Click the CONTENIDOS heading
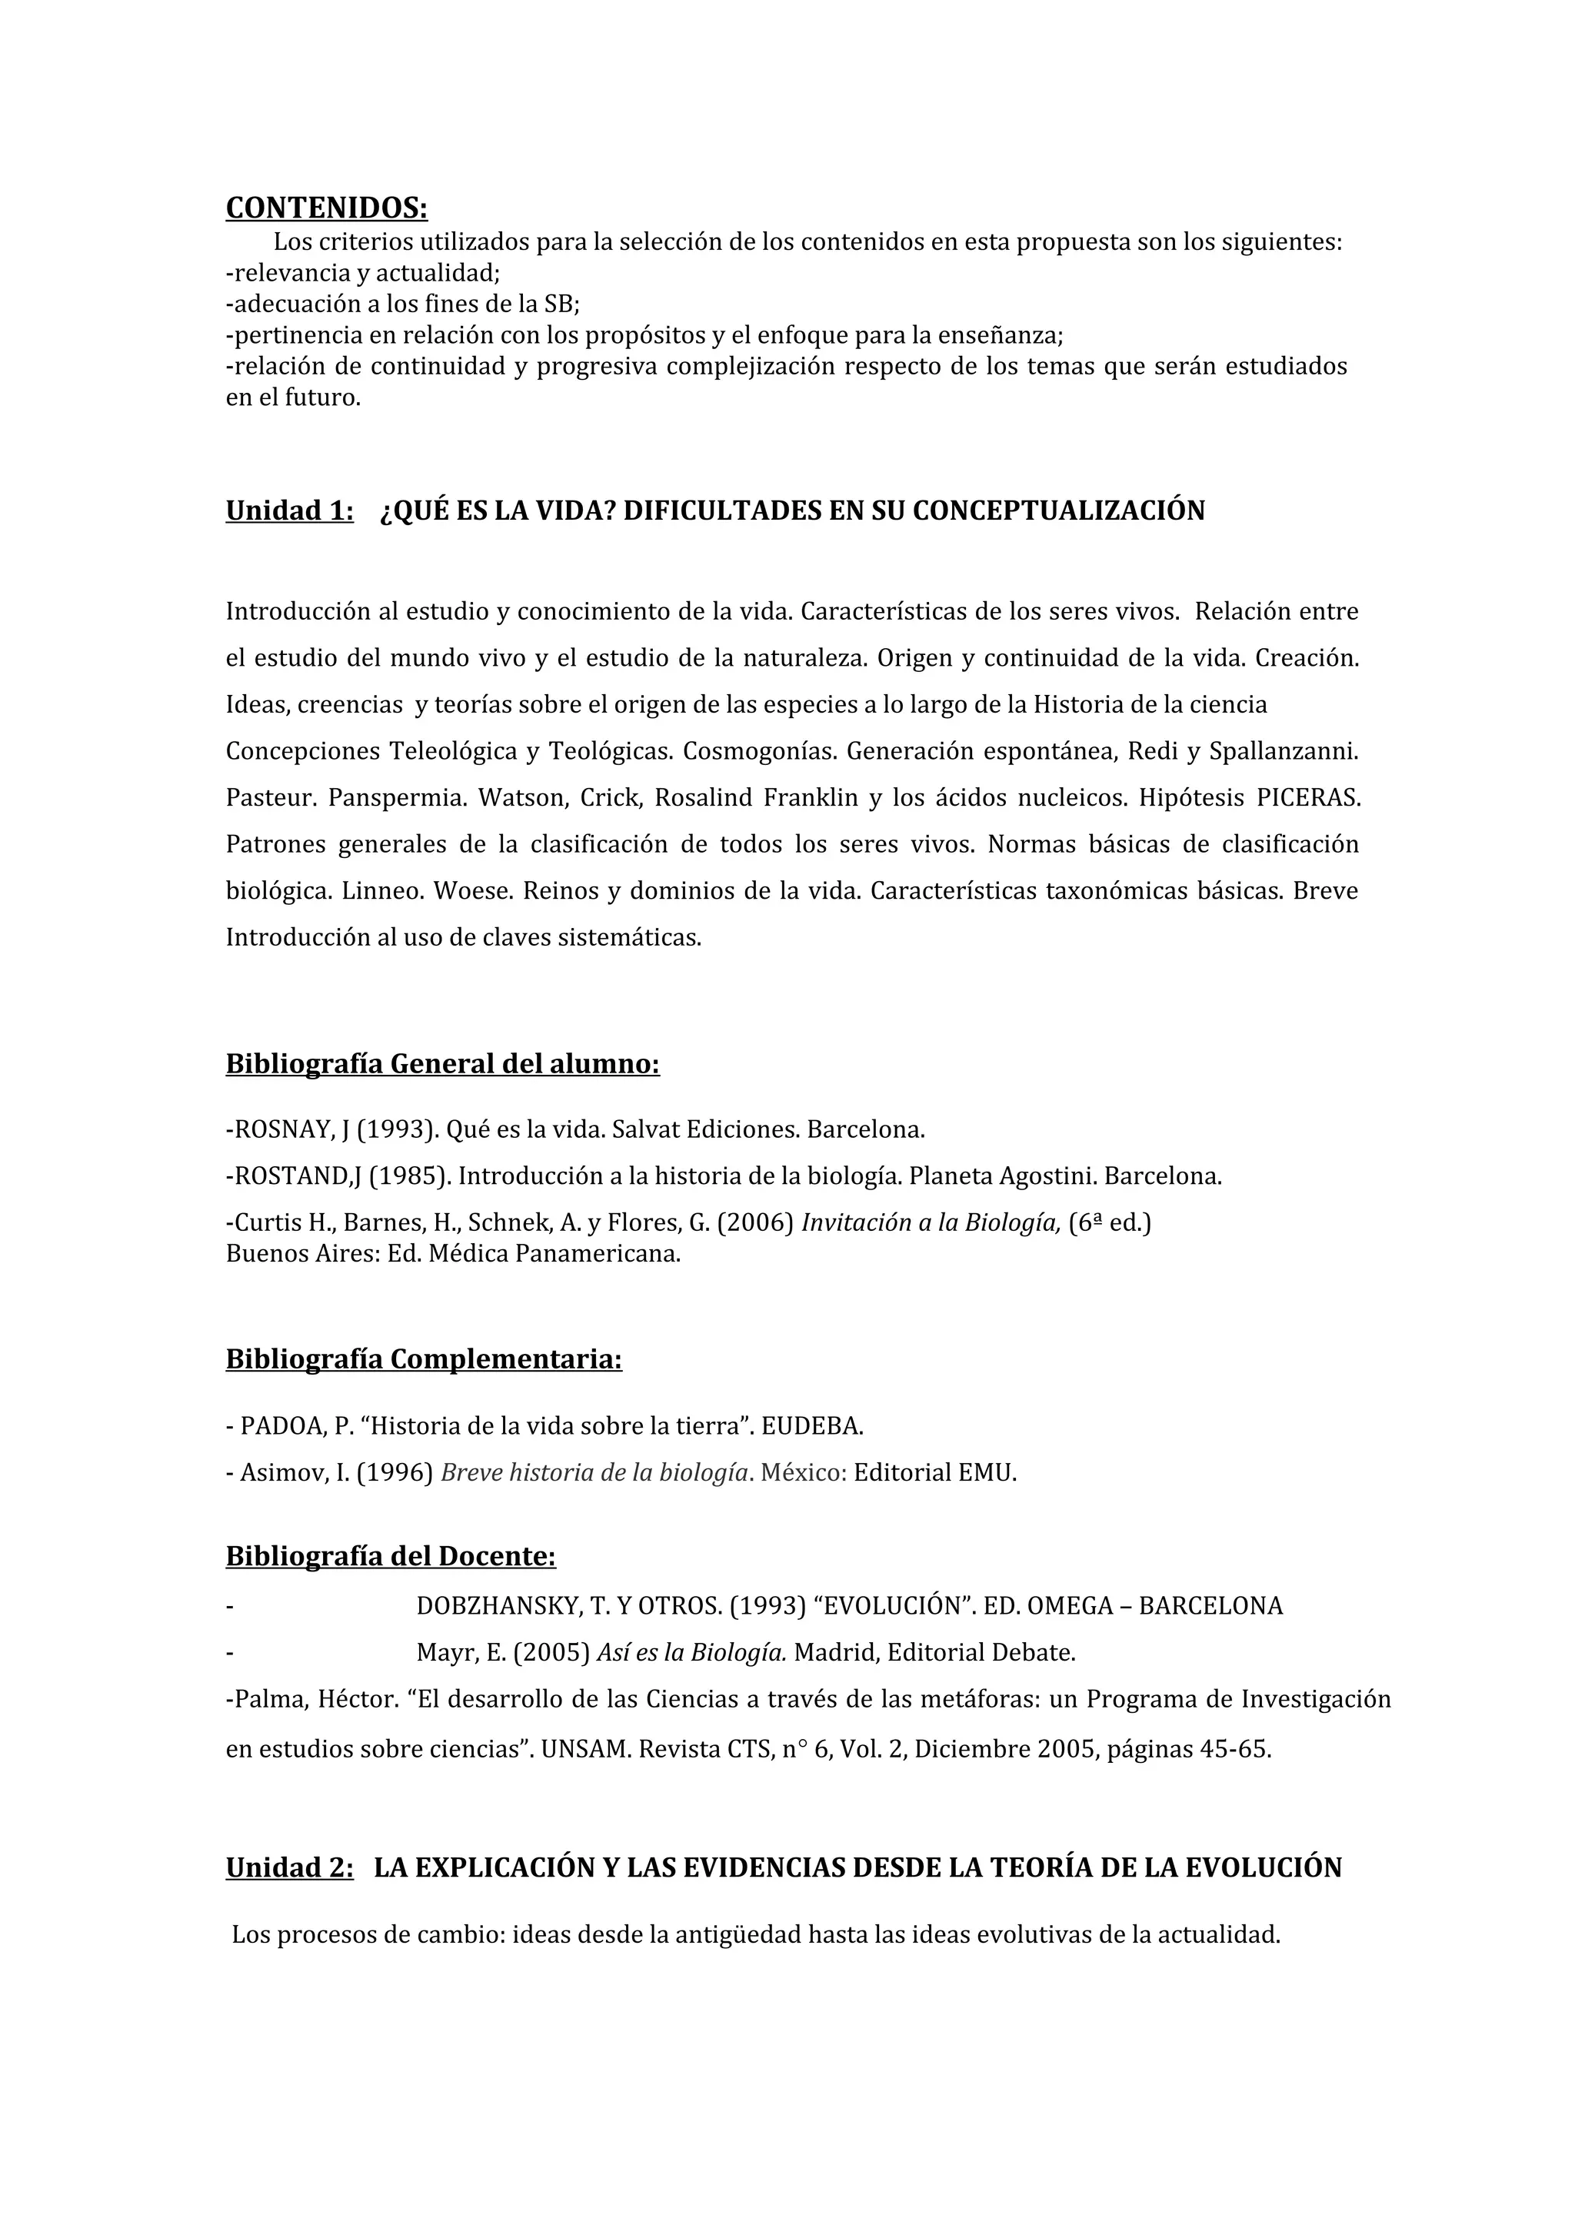click(326, 208)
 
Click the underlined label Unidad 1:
click(289, 510)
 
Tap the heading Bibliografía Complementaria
click(424, 1358)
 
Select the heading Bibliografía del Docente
click(390, 1557)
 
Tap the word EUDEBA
click(812, 1425)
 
